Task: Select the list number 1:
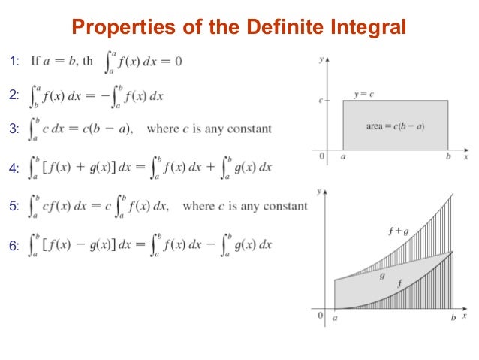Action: [x=15, y=61]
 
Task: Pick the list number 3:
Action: [x=15, y=129]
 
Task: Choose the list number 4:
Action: [x=15, y=168]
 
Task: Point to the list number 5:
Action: [x=15, y=205]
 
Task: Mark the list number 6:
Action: [x=15, y=244]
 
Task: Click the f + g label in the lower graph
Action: [x=399, y=231]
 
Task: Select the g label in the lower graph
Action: [x=382, y=276]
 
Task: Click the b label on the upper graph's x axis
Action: [x=448, y=158]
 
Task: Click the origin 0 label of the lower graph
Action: [x=321, y=316]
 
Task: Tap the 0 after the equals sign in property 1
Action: [x=178, y=61]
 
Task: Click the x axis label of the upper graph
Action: [x=465, y=158]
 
